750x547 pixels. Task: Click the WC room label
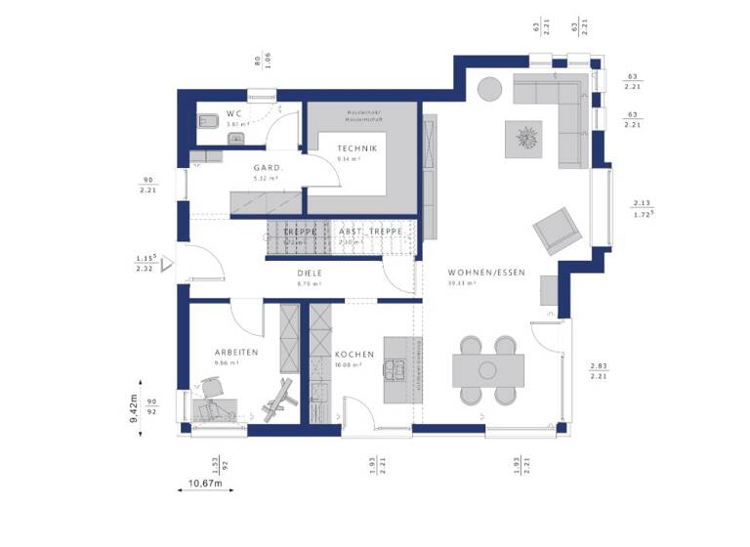point(234,113)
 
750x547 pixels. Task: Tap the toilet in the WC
point(207,123)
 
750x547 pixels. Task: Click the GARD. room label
point(268,167)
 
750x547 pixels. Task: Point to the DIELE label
point(311,273)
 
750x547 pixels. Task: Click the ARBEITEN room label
point(236,352)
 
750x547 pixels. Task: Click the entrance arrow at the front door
point(167,262)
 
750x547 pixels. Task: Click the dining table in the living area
point(487,370)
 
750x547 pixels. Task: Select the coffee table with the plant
point(526,137)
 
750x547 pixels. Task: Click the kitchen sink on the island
point(397,369)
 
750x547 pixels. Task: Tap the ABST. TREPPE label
point(363,231)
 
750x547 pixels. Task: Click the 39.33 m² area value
point(461,283)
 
